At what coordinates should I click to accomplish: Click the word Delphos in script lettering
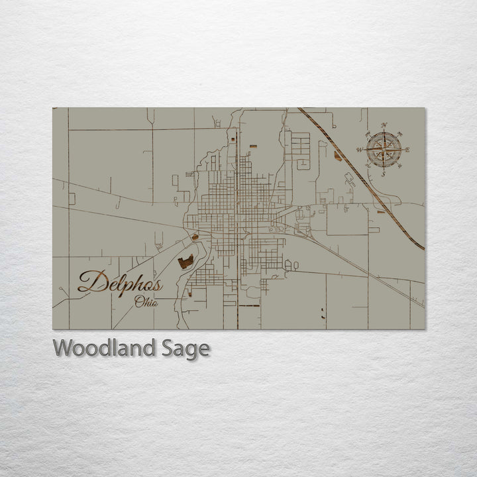tap(119, 282)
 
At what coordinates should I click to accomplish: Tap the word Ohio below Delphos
tap(146, 303)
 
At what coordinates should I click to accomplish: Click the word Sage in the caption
tap(185, 348)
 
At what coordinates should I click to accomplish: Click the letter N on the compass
tap(384, 125)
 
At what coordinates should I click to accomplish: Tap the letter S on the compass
tap(383, 174)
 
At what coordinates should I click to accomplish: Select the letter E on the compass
tap(407, 150)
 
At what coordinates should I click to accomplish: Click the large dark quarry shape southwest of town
tap(185, 262)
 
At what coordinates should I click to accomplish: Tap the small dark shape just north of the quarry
tap(195, 237)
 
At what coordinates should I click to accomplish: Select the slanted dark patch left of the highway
tap(339, 156)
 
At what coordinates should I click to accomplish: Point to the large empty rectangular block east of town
tap(347, 219)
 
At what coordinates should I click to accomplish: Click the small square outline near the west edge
tap(72, 198)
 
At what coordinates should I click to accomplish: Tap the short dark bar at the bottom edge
tap(248, 307)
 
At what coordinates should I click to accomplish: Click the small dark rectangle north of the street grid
tap(252, 144)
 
